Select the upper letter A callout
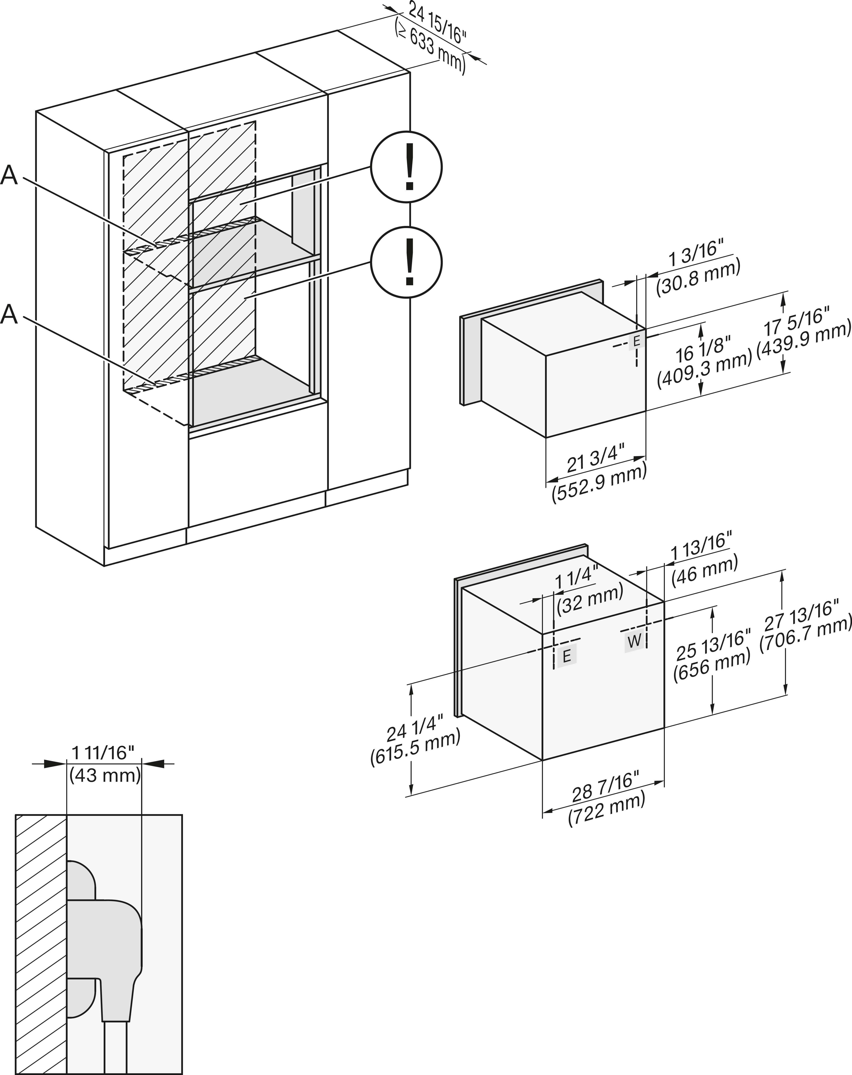[9, 176]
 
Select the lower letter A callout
[9, 315]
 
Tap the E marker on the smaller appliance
[636, 342]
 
